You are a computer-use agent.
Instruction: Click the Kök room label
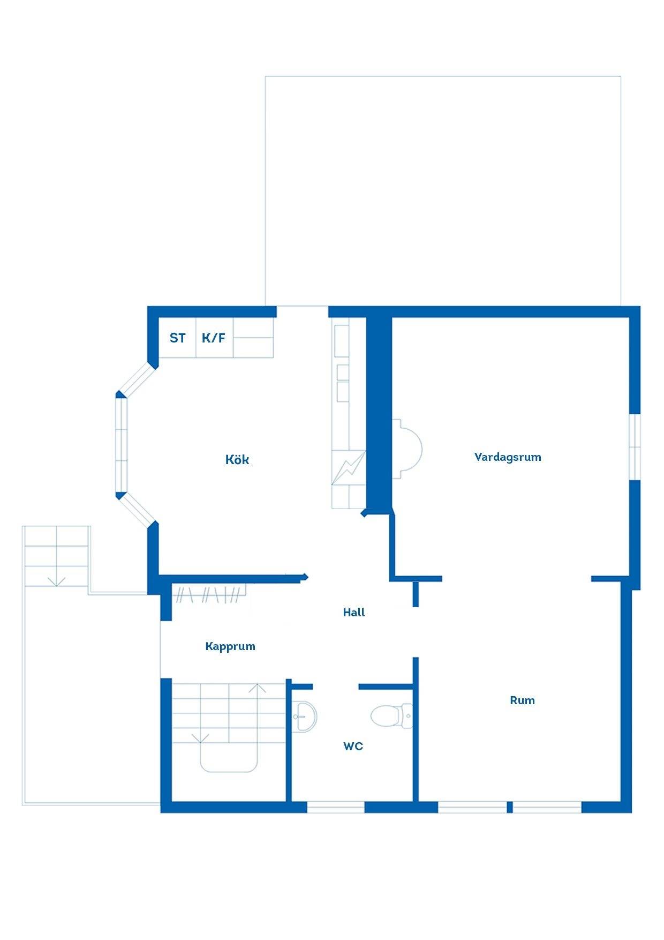click(237, 460)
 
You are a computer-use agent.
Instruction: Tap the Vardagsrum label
click(508, 457)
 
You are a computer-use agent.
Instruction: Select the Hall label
click(354, 613)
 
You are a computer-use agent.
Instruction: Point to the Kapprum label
click(230, 646)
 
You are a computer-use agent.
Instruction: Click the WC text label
click(353, 746)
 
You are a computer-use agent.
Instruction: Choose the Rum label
click(522, 700)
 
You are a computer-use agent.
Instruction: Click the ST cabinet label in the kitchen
click(178, 338)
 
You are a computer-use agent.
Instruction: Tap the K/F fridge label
click(214, 338)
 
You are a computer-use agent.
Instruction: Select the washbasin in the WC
click(305, 716)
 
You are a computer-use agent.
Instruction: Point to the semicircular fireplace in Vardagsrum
click(407, 449)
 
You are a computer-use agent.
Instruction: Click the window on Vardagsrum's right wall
click(635, 446)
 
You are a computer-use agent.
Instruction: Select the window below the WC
click(336, 807)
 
